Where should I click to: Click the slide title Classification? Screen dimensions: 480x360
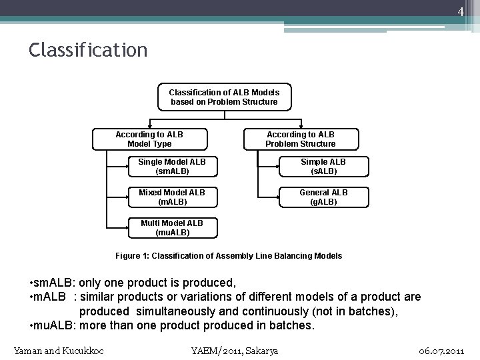[88, 50]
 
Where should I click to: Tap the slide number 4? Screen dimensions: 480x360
[460, 12]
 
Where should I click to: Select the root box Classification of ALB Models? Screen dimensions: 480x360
[224, 97]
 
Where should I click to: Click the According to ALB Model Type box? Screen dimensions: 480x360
[149, 139]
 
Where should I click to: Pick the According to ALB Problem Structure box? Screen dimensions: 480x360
[301, 139]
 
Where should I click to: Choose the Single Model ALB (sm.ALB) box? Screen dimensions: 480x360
[172, 166]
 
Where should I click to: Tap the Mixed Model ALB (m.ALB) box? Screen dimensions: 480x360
[172, 197]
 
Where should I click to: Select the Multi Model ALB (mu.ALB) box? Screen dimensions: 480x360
[172, 227]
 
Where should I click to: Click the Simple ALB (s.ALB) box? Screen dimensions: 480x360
[323, 166]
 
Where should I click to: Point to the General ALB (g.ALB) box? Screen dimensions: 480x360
[323, 197]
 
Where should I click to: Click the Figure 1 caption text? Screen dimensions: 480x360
[229, 255]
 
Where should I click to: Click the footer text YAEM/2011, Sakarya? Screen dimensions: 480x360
[235, 351]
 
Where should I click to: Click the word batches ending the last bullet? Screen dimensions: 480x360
[291, 326]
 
